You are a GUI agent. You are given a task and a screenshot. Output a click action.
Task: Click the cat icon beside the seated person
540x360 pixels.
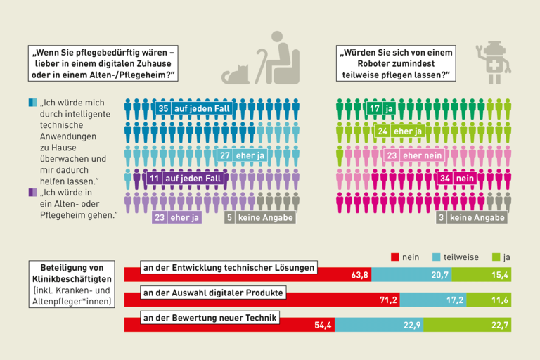tap(237, 74)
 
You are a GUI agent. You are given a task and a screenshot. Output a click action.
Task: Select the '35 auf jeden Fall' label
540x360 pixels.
tap(189, 109)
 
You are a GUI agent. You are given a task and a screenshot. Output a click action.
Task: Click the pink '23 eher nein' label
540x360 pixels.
tap(414, 155)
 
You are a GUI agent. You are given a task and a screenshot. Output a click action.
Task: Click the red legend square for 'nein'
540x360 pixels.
tap(394, 257)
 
